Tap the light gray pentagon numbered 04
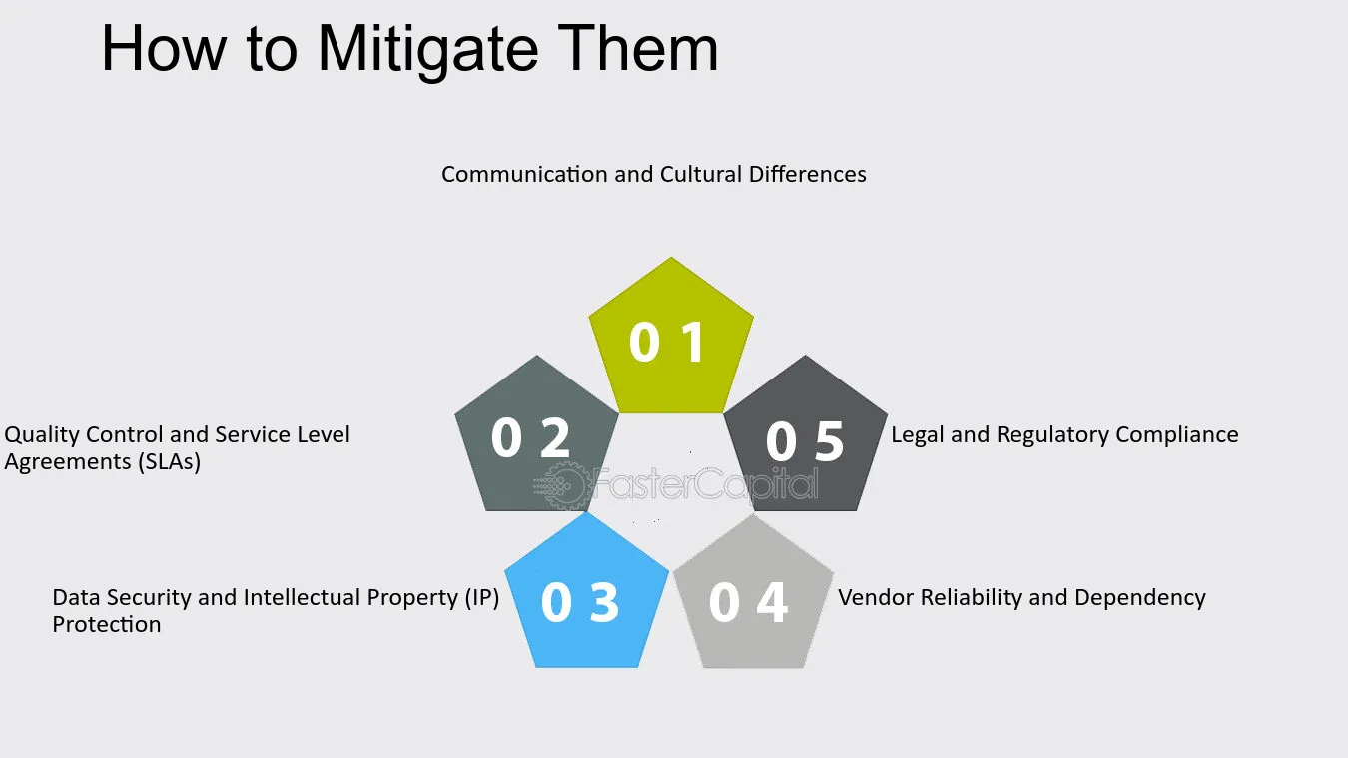tap(754, 592)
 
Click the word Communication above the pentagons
tap(525, 174)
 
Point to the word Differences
tap(808, 174)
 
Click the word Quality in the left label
tap(42, 435)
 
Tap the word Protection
tap(107, 624)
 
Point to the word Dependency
tap(1140, 599)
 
